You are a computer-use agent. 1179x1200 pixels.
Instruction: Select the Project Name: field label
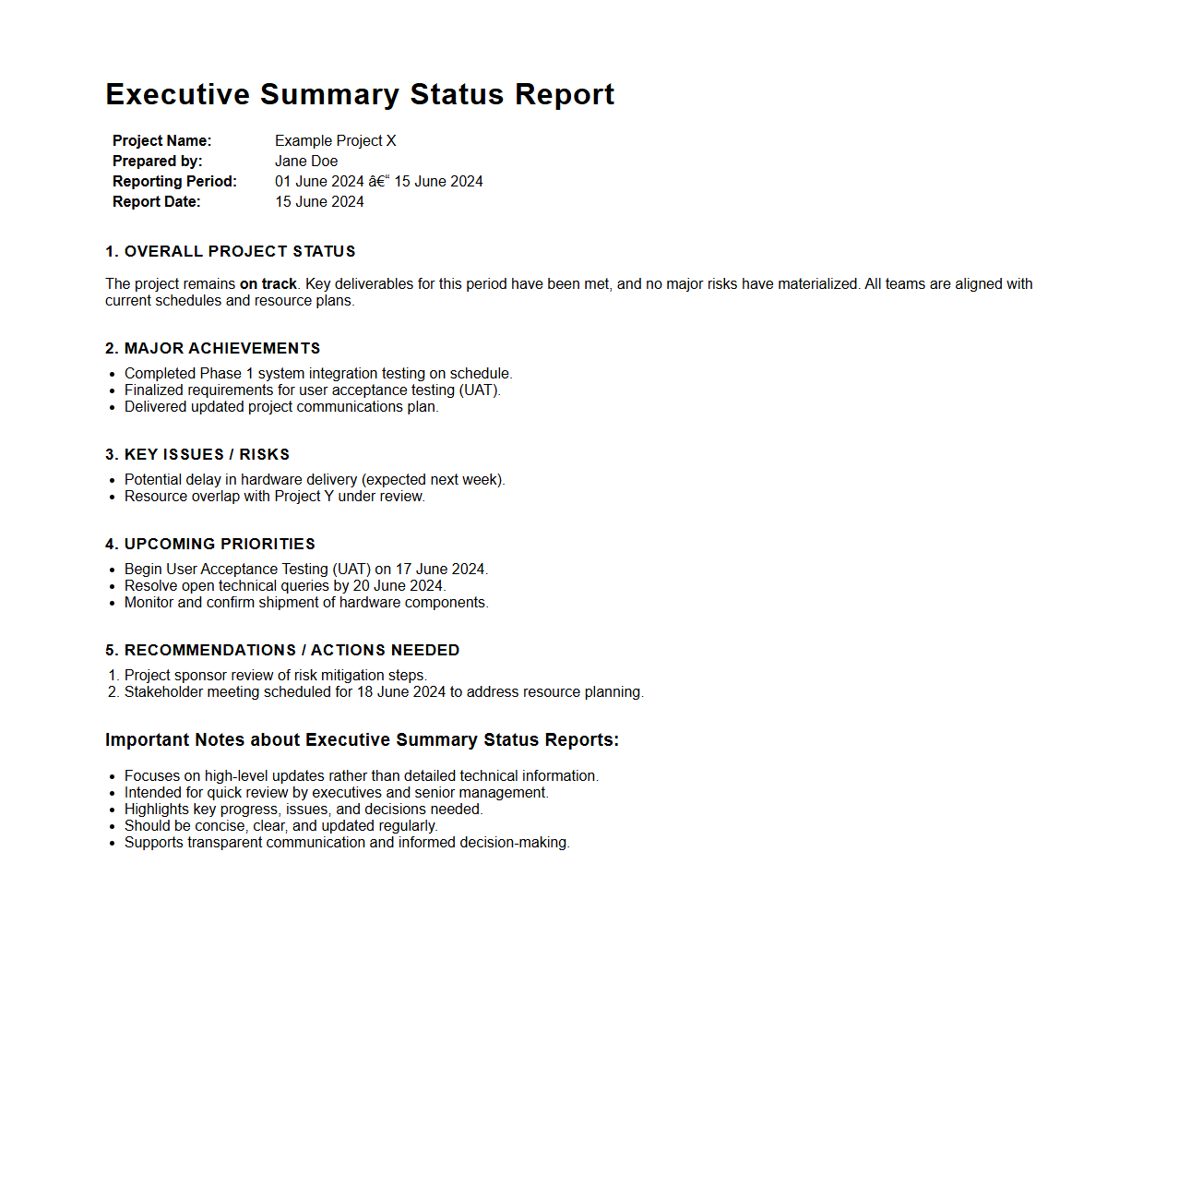pos(161,140)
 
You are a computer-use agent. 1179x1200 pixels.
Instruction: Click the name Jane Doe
pos(306,161)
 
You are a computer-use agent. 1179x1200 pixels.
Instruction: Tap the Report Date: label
pos(156,201)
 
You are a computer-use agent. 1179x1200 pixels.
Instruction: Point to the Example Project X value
pos(335,140)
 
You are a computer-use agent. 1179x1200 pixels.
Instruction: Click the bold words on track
pos(268,283)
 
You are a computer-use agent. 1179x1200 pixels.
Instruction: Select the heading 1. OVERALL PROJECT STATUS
pos(230,251)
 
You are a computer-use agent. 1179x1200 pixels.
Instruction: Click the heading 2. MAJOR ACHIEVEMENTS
pos(212,348)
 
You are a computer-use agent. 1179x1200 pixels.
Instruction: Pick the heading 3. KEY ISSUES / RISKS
pos(197,454)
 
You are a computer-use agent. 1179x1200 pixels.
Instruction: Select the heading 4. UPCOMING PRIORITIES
pos(209,544)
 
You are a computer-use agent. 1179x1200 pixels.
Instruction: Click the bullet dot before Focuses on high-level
pos(112,776)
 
